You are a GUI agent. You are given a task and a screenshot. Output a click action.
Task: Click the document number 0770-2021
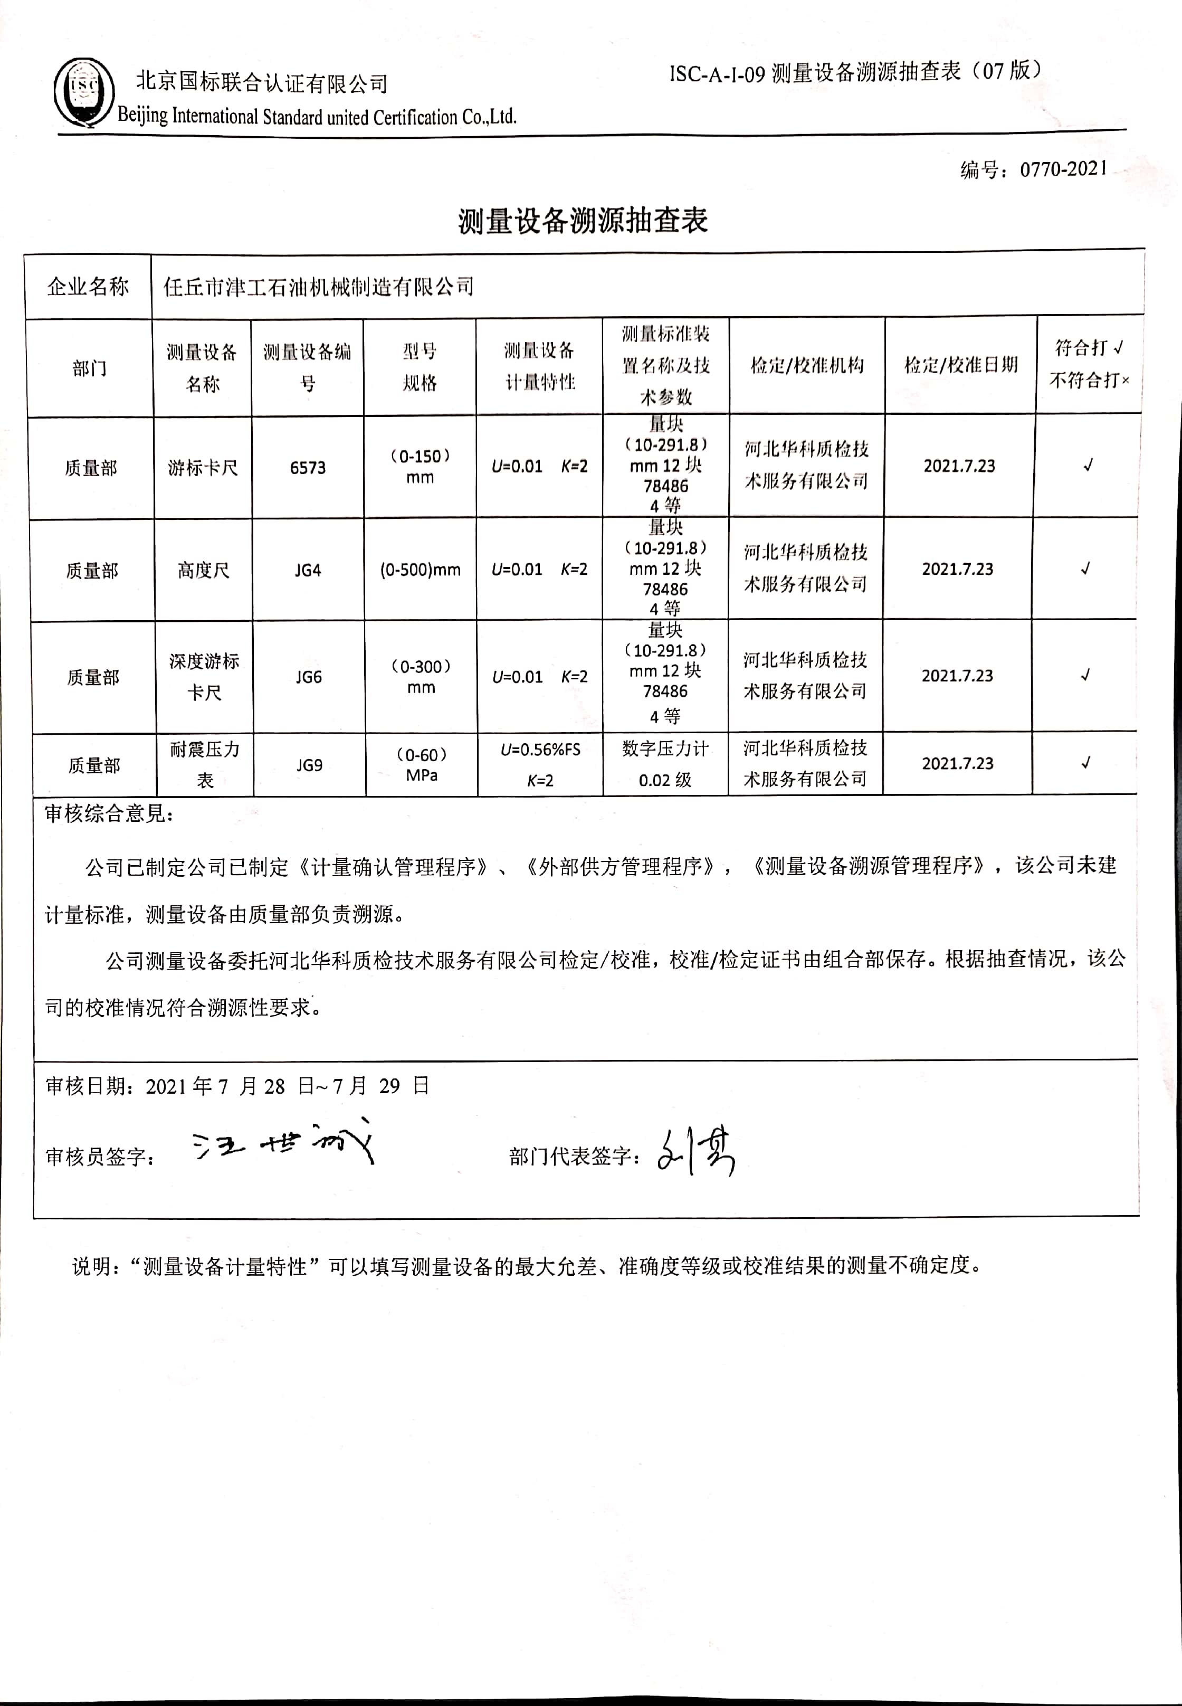pos(1063,169)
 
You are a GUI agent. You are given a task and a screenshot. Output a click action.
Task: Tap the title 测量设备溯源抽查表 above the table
pos(583,221)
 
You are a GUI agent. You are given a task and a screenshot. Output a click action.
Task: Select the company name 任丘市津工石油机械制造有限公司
pos(319,287)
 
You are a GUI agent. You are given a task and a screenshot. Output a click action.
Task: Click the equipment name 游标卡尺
pos(203,468)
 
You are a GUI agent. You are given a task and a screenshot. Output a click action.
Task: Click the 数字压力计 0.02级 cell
pos(665,764)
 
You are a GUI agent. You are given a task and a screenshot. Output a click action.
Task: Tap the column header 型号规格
pos(420,367)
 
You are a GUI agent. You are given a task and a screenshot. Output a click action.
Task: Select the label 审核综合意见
pos(109,814)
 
